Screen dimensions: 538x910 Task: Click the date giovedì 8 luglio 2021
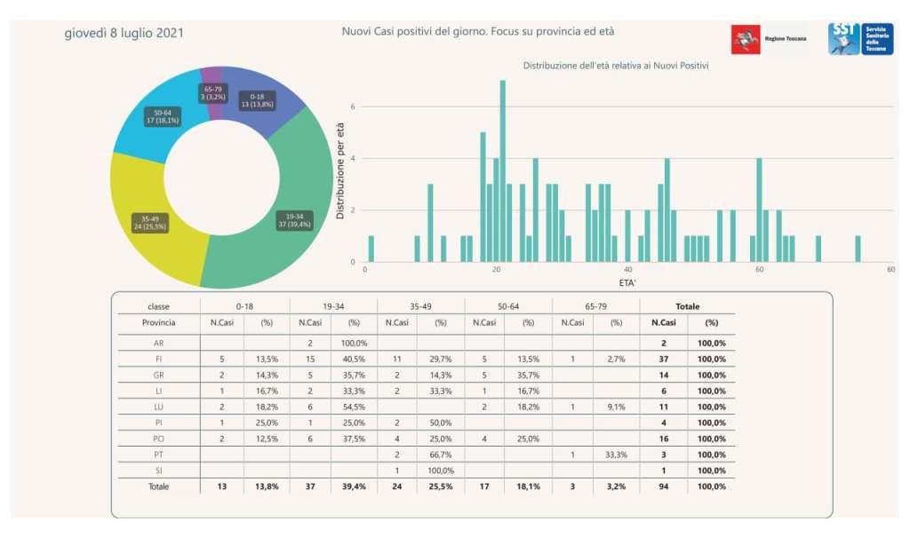[124, 34]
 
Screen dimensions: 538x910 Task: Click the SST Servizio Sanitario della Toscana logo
[859, 39]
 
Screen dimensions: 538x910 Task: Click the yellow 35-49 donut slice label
[148, 222]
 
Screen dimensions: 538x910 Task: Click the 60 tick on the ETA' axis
[759, 270]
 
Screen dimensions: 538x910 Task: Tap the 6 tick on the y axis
[353, 107]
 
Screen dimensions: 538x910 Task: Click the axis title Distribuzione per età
[340, 171]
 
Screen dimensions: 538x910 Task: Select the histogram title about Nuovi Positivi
[622, 66]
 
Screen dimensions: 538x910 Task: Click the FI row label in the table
[158, 359]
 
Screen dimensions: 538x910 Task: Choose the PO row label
[158, 439]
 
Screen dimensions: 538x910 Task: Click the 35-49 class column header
[420, 306]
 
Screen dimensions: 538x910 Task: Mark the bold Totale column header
[688, 306]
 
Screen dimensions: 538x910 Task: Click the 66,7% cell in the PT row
[441, 455]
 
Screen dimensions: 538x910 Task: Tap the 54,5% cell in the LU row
[354, 407]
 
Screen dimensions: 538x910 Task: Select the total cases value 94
[663, 487]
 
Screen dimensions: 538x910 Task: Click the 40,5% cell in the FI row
[354, 359]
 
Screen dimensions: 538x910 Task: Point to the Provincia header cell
[158, 323]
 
